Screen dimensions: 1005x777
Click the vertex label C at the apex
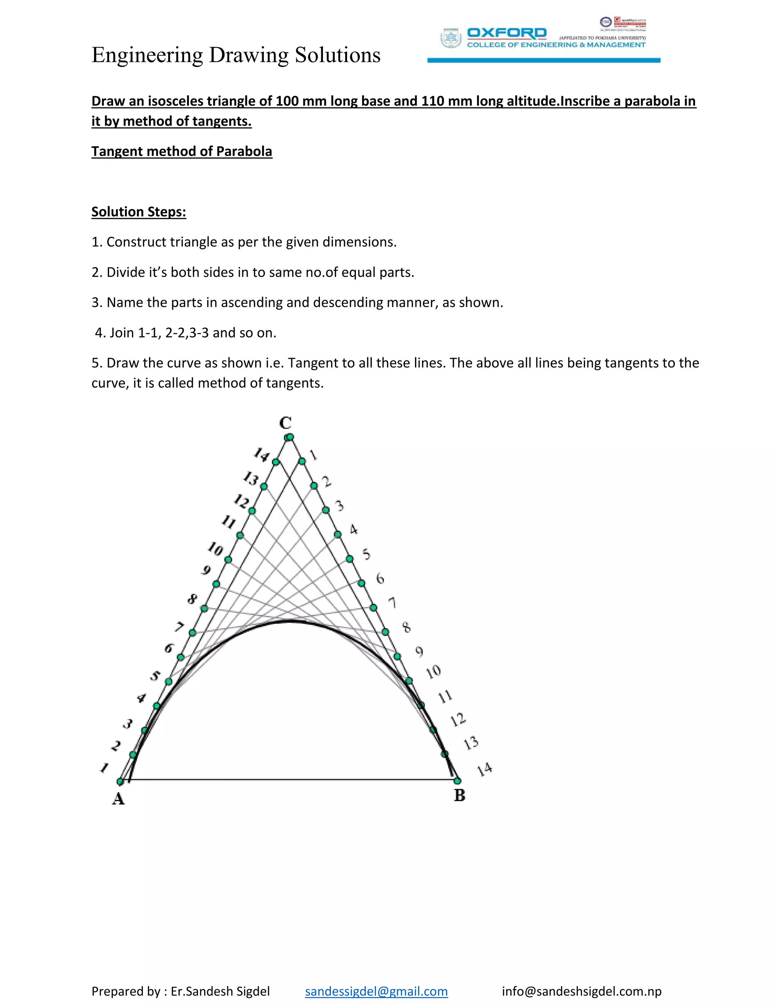[285, 422]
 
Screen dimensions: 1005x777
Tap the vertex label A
[118, 799]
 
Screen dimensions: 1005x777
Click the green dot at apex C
[289, 437]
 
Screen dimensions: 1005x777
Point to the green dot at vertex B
[457, 781]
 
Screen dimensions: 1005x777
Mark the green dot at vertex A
[120, 781]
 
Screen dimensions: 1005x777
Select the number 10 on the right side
[433, 672]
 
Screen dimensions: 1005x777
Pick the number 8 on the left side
[192, 599]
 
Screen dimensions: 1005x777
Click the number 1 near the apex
[313, 455]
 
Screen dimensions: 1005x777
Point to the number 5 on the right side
[366, 554]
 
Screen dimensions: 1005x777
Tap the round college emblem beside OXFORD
[451, 38]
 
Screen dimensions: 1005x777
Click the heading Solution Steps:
[138, 212]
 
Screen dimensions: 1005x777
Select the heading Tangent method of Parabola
[182, 151]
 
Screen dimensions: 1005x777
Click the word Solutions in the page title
[337, 55]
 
